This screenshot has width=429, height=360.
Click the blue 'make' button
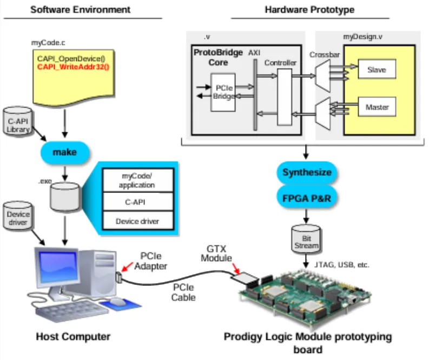(64, 152)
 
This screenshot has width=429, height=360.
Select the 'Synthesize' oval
(306, 173)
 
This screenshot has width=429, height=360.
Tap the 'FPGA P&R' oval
(306, 198)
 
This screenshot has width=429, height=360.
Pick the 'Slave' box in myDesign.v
(377, 70)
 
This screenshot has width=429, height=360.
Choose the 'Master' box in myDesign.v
(377, 106)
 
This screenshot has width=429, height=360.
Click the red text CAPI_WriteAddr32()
(73, 67)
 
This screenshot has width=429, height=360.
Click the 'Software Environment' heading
(80, 9)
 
